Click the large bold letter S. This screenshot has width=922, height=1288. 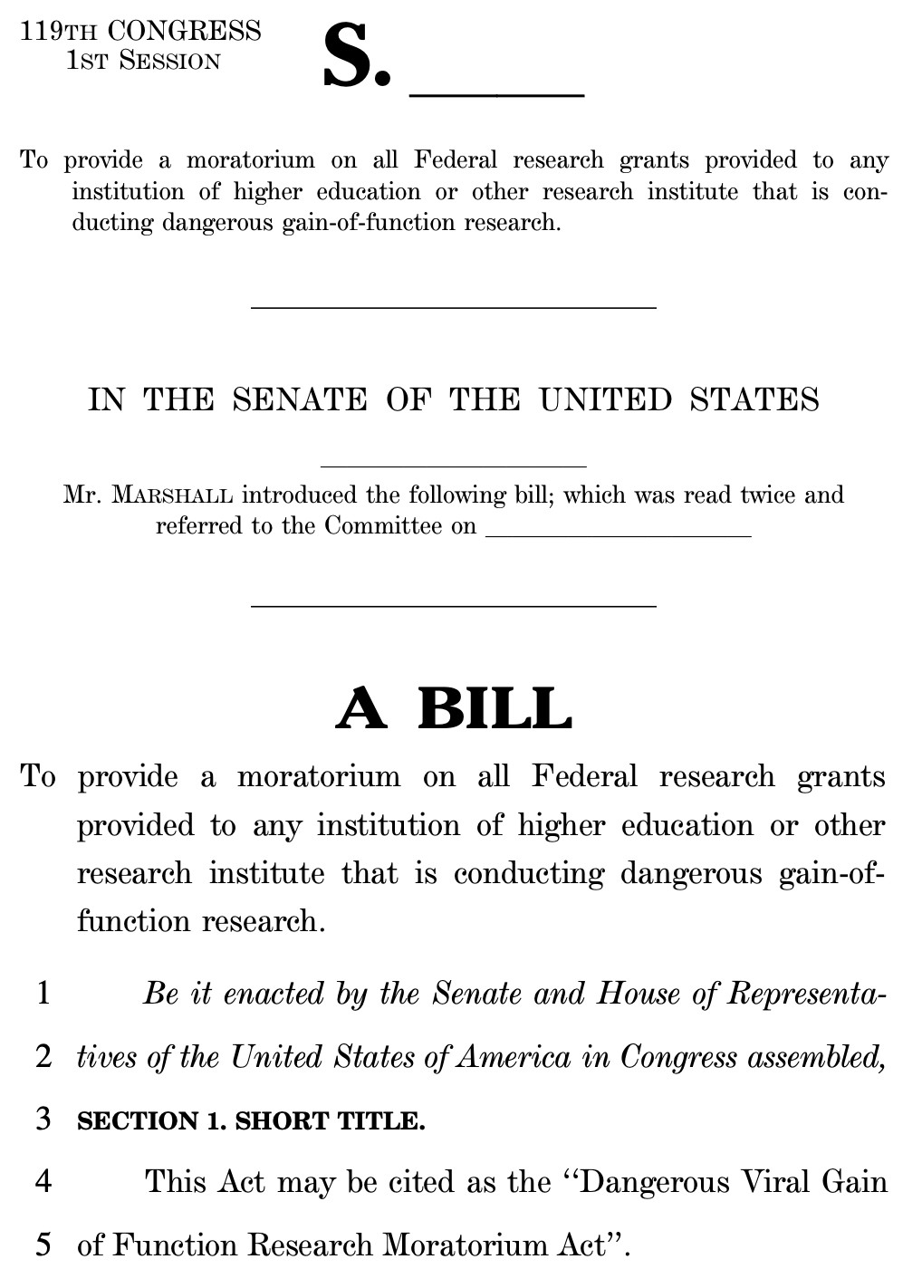click(x=349, y=59)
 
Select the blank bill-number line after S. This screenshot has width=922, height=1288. click(x=497, y=91)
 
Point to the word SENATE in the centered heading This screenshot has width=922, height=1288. click(x=300, y=400)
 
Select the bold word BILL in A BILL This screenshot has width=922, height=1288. click(x=495, y=709)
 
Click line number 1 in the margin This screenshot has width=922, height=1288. click(x=43, y=995)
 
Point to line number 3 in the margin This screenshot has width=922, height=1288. click(x=43, y=1120)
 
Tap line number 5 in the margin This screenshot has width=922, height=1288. click(x=43, y=1245)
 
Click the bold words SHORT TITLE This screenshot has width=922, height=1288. click(x=330, y=1121)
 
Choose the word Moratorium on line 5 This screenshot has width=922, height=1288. click(x=464, y=1245)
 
